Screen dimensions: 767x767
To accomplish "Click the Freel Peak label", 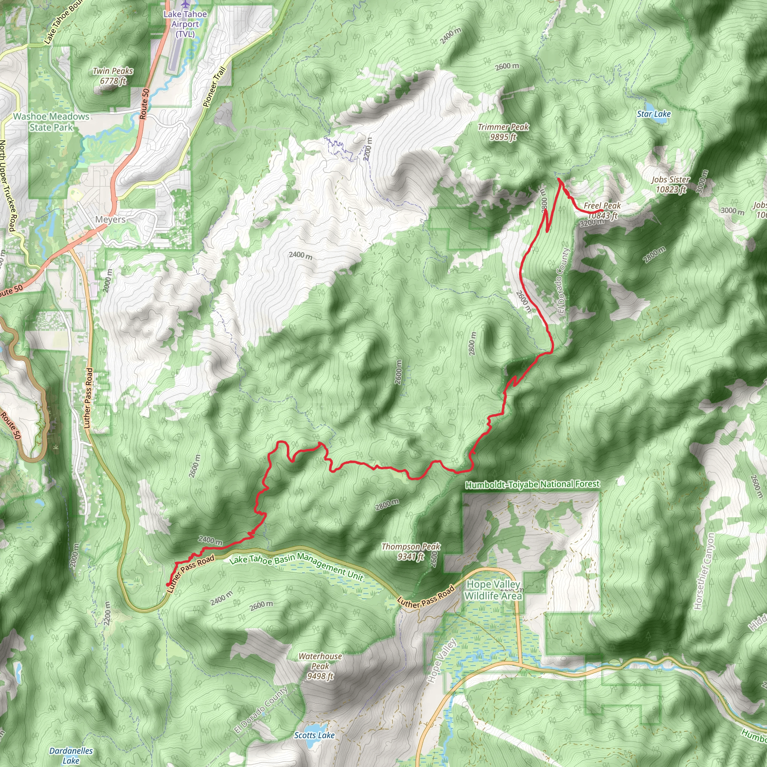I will pos(602,210).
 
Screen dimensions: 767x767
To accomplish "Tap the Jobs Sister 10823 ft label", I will pos(670,185).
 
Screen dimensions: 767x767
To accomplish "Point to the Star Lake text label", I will pos(654,114).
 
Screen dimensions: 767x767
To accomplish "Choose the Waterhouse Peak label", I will pos(320,666).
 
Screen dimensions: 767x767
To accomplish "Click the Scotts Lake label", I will pos(314,735).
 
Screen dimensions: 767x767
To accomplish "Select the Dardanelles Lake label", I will pos(71,755).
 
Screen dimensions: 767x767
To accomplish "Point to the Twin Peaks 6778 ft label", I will pos(113,76).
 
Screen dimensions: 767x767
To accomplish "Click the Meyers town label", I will pos(110,219).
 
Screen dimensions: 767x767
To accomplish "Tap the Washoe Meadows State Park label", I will pos(51,122).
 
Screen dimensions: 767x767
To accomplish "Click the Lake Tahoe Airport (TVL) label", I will pos(185,24).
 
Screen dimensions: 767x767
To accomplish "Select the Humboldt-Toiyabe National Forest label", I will pos(532,484).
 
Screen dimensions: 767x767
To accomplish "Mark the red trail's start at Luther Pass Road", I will pos(168,584).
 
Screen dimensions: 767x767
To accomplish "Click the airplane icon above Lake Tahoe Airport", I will pos(185,4).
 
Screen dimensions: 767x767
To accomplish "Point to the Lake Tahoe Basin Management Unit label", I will pos(297,566).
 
